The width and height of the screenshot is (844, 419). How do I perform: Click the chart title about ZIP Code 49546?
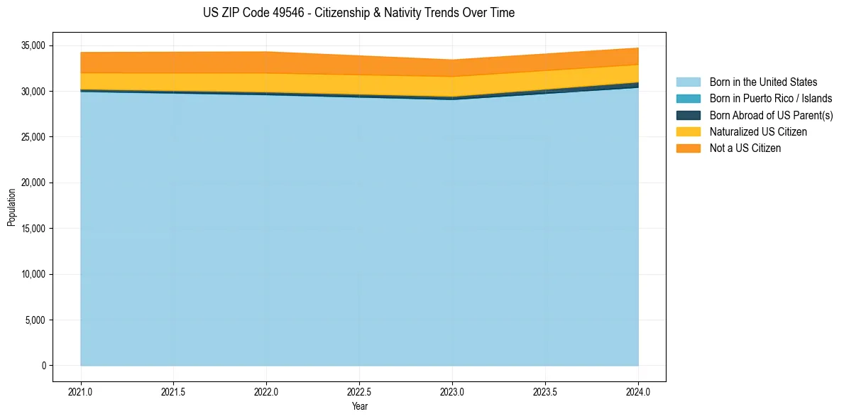pyautogui.click(x=358, y=13)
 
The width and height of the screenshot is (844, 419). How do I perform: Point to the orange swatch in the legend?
pyautogui.click(x=688, y=148)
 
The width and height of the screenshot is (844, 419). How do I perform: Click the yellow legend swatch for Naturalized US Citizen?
pyautogui.click(x=688, y=132)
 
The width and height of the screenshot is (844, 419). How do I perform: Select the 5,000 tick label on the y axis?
pyautogui.click(x=34, y=320)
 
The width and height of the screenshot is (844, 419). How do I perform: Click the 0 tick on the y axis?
pyautogui.click(x=43, y=366)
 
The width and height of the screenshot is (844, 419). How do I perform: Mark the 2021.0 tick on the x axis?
pyautogui.click(x=81, y=391)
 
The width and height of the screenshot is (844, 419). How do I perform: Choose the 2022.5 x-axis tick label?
pyautogui.click(x=359, y=391)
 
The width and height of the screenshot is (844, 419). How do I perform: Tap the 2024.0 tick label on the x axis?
pyautogui.click(x=638, y=391)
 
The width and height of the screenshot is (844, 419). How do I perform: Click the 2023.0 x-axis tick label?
pyautogui.click(x=452, y=391)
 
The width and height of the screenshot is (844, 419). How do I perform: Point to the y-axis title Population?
pyautogui.click(x=11, y=207)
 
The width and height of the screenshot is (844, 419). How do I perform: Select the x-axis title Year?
pyautogui.click(x=359, y=407)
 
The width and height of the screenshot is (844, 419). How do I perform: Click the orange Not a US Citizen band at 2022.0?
pyautogui.click(x=266, y=62)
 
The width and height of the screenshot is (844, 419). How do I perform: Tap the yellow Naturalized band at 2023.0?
pyautogui.click(x=452, y=87)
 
